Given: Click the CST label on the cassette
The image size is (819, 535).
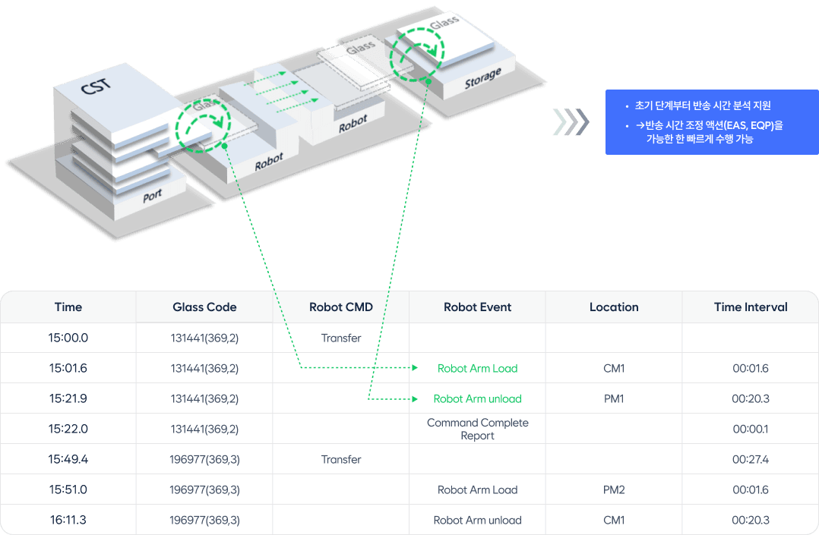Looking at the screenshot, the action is pos(96,86).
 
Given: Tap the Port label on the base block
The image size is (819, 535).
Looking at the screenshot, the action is pos(152,197).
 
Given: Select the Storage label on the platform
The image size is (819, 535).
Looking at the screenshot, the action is pos(482,77).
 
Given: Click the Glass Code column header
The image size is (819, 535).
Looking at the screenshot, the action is pos(205,307).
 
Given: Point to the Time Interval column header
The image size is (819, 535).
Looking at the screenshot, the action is pos(751,307).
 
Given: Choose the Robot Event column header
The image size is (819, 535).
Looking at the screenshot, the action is pos(477,307).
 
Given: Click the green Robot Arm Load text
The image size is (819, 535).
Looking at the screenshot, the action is pos(477,369).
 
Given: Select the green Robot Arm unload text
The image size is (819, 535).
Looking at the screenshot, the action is pos(477,398).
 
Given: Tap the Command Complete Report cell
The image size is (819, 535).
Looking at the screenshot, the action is pos(477,429).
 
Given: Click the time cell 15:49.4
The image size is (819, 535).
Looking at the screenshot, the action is pos(68,459).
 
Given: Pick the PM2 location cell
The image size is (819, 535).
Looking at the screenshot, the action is pos(614,489).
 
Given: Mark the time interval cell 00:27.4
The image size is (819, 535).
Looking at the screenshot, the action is pos(751,459).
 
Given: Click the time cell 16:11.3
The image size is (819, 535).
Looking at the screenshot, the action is pos(68,520).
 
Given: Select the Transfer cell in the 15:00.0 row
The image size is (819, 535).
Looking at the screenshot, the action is pos(341,338).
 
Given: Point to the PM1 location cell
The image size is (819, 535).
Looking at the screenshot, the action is pos(614,398).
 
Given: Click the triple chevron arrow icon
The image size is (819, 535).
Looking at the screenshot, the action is pos(571,121).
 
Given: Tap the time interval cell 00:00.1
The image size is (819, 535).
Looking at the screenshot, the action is pos(751,429).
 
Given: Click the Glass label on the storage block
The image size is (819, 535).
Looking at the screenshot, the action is pos(444,23).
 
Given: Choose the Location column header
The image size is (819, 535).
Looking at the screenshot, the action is pos(614,307).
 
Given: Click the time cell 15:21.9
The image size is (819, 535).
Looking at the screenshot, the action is pos(68,398).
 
